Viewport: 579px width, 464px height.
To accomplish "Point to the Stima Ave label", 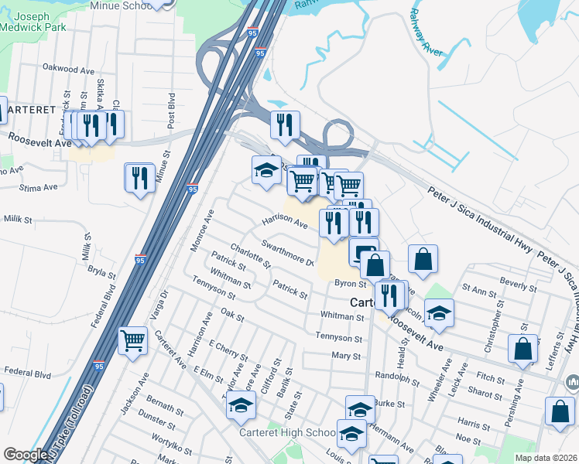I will (39, 187).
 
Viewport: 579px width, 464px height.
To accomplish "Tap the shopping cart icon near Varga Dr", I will (132, 339).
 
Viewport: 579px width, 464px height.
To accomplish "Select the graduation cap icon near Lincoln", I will (439, 312).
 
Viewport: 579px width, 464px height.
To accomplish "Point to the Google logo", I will (26, 455).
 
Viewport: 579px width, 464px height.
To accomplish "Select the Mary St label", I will (346, 357).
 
